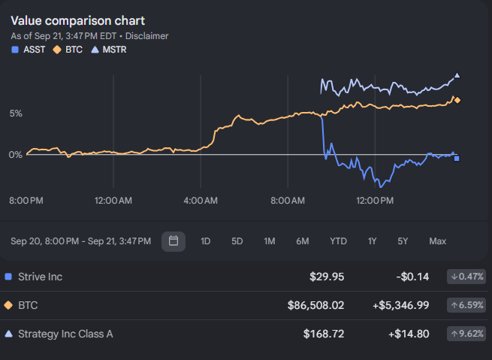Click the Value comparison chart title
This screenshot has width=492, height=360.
tap(78, 21)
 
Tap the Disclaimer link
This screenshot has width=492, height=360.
tap(146, 36)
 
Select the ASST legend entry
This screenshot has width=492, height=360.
tap(29, 50)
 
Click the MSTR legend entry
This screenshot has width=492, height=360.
tap(109, 50)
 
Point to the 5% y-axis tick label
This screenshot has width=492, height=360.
tap(16, 113)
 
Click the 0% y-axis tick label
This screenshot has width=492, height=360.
tap(16, 154)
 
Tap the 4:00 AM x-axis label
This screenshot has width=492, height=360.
tap(201, 201)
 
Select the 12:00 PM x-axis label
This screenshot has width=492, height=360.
tap(375, 201)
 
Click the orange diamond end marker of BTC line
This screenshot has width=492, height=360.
tap(457, 100)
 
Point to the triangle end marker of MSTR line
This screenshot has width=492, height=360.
tap(457, 75)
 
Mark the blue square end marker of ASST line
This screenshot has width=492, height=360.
tap(457, 159)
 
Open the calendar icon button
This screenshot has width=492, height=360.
tap(174, 241)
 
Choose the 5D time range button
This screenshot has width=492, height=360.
tap(237, 241)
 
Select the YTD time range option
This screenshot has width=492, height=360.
tap(338, 241)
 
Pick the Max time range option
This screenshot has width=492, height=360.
tap(438, 241)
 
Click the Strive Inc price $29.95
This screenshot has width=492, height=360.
tap(327, 277)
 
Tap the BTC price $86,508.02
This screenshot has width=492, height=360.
tap(315, 305)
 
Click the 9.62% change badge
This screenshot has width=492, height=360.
tap(466, 334)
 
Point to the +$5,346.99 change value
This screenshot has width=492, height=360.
tap(400, 305)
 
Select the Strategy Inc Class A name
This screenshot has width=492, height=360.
tap(65, 334)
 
